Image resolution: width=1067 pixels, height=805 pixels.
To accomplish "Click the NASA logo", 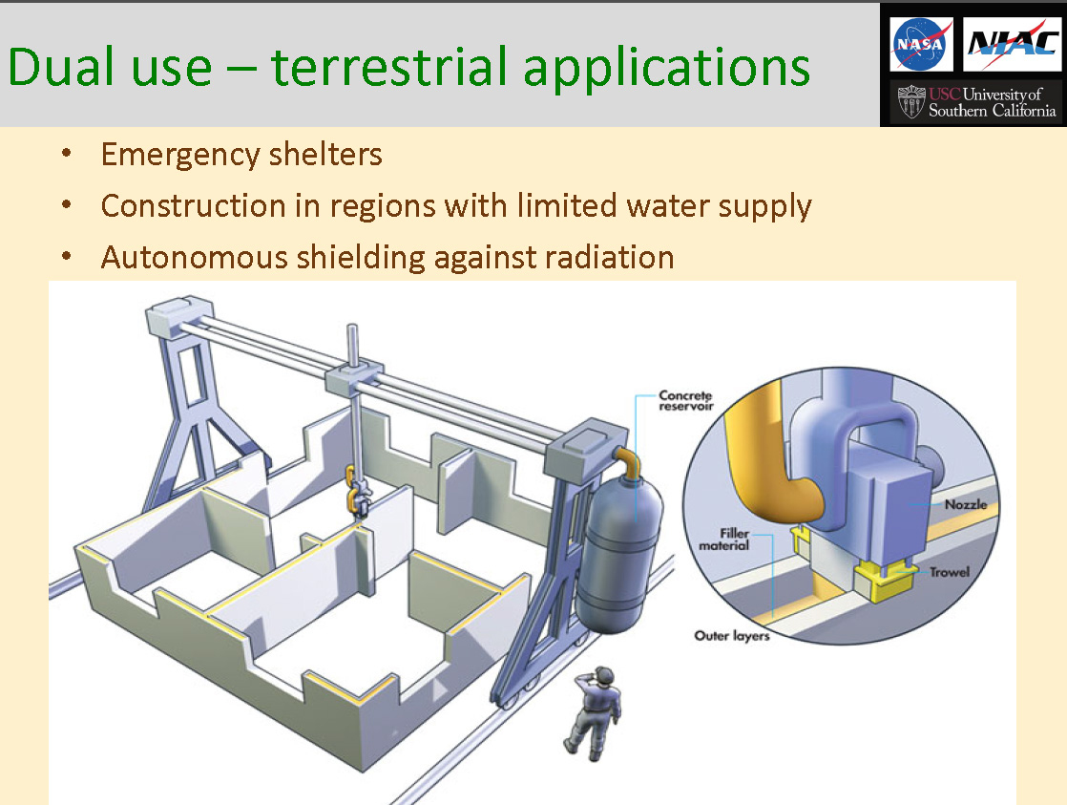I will click(x=921, y=44).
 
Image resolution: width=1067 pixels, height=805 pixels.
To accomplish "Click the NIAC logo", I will click(x=1012, y=44).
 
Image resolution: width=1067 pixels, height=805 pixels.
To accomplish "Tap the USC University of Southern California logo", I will click(x=976, y=102).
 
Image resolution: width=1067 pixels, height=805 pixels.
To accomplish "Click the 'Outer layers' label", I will click(x=732, y=635).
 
